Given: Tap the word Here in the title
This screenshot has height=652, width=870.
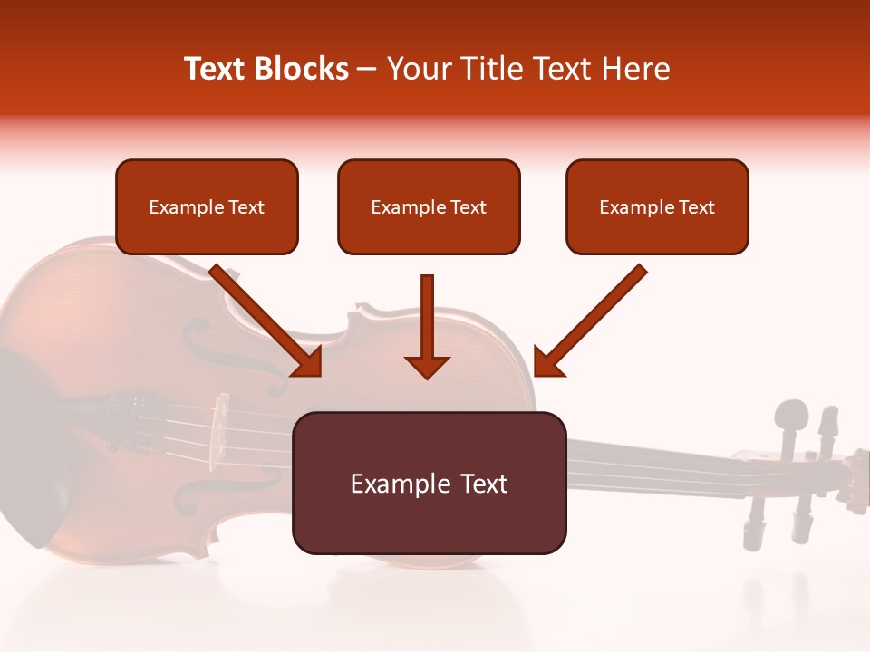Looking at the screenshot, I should coord(633,69).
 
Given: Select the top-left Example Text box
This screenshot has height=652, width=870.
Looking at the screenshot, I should coord(207,206).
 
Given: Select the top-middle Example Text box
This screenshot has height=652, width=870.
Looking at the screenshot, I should coord(429,206).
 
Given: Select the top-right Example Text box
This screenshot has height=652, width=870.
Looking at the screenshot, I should coord(657,206).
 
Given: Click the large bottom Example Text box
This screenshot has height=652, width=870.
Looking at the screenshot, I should coord(429,483).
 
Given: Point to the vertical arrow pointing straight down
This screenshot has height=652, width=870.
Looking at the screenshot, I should coord(427,326).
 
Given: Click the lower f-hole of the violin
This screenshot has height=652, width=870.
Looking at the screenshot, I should coord(198,494).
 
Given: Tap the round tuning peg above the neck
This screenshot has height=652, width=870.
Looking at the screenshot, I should coord(791,418).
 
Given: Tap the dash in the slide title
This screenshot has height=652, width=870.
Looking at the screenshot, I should coord(368,69).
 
